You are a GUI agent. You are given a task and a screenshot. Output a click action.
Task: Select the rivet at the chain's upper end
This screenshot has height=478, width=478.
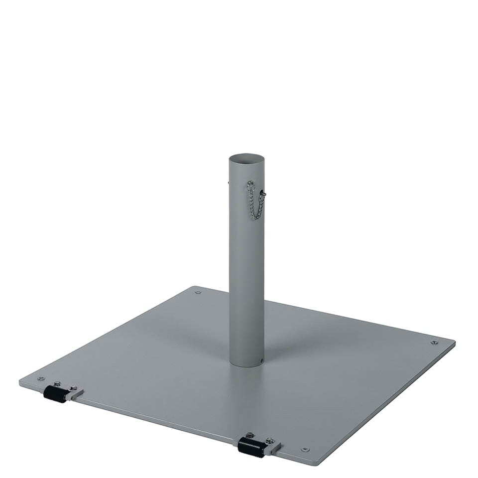(x=250, y=184)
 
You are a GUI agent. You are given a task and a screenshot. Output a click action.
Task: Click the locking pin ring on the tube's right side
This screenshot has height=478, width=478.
(x=263, y=193)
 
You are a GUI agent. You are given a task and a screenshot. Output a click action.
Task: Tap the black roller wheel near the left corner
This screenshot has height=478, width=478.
(x=55, y=394)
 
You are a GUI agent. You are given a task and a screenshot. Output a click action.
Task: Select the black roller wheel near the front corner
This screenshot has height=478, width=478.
(x=251, y=447)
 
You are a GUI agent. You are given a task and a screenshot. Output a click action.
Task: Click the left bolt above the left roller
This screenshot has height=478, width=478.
(x=58, y=383)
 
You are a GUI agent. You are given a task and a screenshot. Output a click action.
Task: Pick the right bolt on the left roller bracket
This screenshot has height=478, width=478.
(x=73, y=388)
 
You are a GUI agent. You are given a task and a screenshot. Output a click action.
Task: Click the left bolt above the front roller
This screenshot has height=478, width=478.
(x=250, y=435)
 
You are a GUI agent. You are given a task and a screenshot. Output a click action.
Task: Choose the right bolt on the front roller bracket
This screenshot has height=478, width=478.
(x=270, y=441)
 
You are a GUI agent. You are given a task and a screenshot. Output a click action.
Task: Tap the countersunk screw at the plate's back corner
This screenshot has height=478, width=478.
(x=198, y=292)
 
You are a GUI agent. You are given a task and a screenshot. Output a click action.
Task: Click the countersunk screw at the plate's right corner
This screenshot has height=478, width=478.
(x=434, y=343)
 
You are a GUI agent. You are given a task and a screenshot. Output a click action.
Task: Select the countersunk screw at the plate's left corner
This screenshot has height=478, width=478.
(x=41, y=378)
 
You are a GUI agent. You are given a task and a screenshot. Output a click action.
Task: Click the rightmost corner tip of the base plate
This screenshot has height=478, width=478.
(x=454, y=343)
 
